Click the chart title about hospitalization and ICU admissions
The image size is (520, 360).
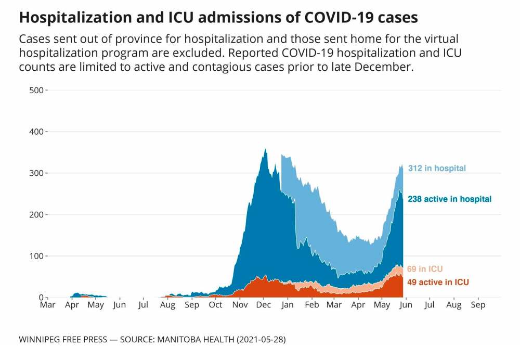(218, 17)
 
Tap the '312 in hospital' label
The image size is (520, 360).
(436, 168)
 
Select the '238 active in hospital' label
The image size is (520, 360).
(449, 199)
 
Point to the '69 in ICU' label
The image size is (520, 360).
(425, 269)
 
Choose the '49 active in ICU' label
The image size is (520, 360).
(438, 282)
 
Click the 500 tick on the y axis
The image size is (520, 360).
(36, 90)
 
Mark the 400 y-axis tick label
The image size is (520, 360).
(36, 132)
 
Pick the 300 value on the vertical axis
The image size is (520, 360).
(36, 173)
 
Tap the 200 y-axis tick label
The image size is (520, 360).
(36, 214)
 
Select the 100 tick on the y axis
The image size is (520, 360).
(36, 256)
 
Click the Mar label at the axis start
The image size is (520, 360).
(48, 305)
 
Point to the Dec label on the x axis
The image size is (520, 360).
(264, 305)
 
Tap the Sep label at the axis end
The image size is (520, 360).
(478, 305)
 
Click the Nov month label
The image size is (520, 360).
(240, 305)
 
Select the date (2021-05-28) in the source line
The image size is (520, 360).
(259, 339)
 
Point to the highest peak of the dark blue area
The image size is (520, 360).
(266, 150)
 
